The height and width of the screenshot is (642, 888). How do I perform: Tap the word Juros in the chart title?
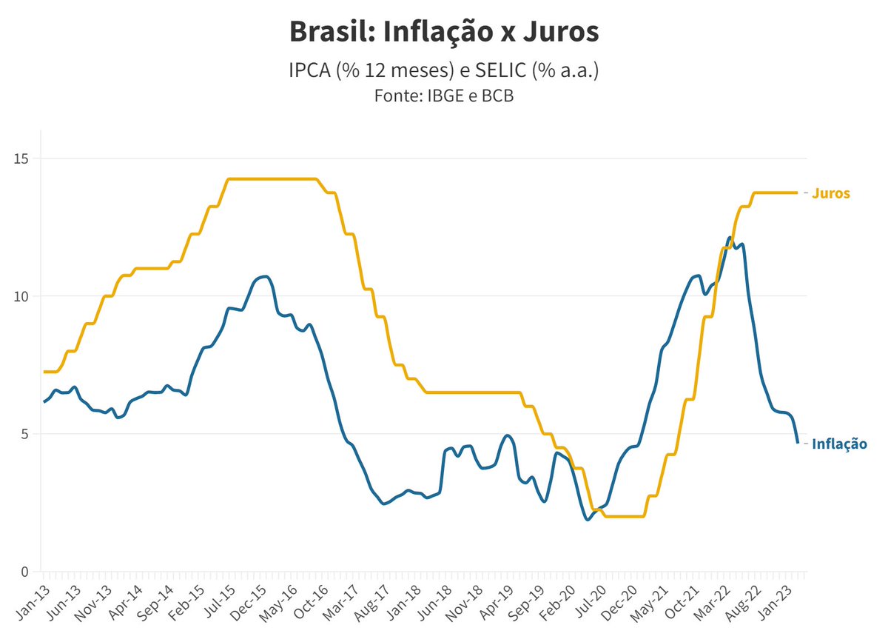click(x=561, y=31)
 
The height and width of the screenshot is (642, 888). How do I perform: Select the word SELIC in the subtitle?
click(x=500, y=70)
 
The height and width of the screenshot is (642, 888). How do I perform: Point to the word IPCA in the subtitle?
click(x=309, y=70)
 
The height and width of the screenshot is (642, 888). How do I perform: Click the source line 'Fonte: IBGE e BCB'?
click(x=444, y=96)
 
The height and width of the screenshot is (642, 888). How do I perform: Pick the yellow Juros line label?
click(x=831, y=193)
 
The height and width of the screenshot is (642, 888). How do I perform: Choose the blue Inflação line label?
click(x=839, y=444)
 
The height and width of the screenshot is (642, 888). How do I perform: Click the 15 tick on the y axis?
click(x=21, y=159)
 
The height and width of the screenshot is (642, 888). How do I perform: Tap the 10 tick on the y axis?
click(x=21, y=296)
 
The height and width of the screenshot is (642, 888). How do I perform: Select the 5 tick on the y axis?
click(x=25, y=434)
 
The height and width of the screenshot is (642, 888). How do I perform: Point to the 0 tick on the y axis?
click(x=25, y=572)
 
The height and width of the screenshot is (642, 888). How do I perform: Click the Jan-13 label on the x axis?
click(x=34, y=602)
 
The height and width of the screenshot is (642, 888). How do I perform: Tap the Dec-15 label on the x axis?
click(x=248, y=603)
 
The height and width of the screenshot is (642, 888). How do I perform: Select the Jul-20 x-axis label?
click(x=591, y=601)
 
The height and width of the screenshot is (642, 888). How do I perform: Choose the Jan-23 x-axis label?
click(x=776, y=602)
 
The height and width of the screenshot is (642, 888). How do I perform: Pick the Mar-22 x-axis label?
click(x=713, y=603)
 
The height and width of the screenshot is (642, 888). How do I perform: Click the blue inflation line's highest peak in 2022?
click(x=730, y=238)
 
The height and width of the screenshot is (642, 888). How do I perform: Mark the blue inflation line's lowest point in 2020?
click(x=588, y=519)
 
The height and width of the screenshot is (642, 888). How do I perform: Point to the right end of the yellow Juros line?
click(x=797, y=193)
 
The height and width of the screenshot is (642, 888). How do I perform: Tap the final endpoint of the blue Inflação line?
click(x=798, y=442)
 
